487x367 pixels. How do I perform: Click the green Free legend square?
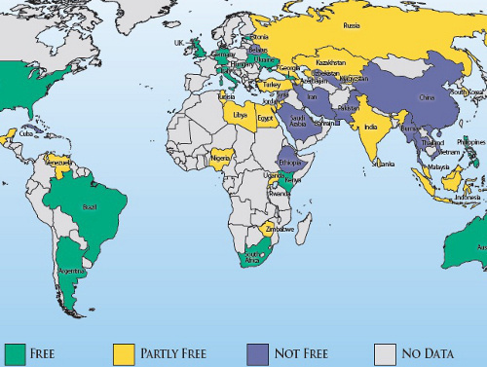click(x=14, y=352)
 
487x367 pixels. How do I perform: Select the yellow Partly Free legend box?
click(x=125, y=352)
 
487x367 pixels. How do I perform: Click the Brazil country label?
click(x=91, y=207)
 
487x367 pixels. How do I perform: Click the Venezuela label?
click(x=60, y=162)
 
